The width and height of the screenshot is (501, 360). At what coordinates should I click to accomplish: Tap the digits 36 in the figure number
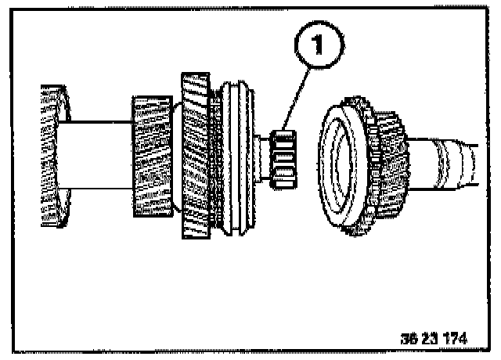coord(407,339)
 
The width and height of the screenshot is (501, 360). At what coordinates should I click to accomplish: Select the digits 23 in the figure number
coord(428,339)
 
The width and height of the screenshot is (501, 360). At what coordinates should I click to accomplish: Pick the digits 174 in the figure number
coord(453,339)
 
